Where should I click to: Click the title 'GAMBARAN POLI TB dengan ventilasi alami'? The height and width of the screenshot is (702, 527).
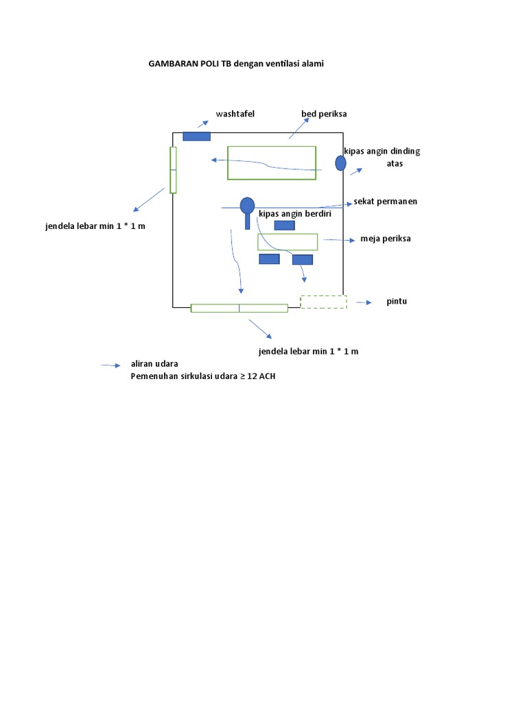pos(236,64)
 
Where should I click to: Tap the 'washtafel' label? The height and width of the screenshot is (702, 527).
pos(235,114)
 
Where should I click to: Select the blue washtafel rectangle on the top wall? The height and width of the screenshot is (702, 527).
pos(196,136)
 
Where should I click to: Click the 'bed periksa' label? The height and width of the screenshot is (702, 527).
pos(324,114)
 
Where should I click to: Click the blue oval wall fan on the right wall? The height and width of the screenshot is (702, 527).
pos(340,163)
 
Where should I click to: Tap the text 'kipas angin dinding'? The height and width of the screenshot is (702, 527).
pos(382,152)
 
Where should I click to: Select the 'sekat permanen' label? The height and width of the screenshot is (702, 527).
pos(386,202)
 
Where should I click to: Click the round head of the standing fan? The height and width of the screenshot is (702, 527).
pos(247,206)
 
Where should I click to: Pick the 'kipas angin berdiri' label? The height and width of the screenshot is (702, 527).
pos(295,214)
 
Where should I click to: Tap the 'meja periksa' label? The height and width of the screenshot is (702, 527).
pos(386,239)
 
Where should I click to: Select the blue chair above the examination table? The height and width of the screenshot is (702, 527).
pos(284,225)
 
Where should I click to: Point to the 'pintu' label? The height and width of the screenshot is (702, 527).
pos(397,302)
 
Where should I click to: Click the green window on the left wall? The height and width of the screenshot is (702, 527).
pos(174,170)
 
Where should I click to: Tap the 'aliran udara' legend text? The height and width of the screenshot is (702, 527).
pos(154,363)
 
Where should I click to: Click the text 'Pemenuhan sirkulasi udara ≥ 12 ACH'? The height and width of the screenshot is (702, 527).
pos(203,376)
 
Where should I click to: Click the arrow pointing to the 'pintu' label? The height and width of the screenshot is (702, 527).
pos(364,302)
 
